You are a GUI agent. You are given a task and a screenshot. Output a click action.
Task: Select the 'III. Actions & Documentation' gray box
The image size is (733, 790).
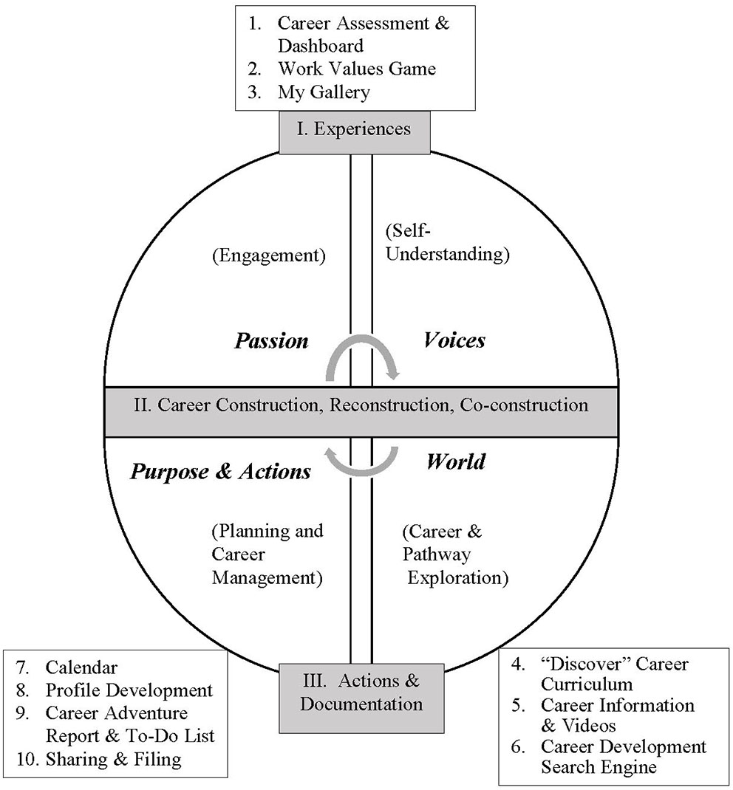pos(361,691)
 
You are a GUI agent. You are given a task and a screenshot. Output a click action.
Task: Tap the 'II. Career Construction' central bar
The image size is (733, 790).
pos(361,405)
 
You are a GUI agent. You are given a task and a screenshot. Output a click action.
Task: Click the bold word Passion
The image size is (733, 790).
pos(271,340)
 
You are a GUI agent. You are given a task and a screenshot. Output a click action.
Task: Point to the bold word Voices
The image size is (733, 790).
pos(454,340)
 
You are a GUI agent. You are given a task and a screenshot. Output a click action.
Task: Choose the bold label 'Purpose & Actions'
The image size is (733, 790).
pos(220,472)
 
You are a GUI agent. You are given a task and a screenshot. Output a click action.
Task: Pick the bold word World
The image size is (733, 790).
pos(455,461)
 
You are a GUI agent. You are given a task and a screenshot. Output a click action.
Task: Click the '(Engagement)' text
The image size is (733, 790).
pos(268,255)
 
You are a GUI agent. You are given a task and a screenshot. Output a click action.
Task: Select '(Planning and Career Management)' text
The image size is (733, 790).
pos(267,554)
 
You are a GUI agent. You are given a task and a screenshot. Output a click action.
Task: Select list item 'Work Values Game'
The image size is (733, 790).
pos(356,69)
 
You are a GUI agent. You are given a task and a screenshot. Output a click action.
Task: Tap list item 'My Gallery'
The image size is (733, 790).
pos(323,92)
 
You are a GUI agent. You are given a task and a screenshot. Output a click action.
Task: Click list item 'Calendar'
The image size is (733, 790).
pos(81,667)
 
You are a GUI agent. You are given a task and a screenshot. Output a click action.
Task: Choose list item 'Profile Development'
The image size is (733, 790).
pos(129,690)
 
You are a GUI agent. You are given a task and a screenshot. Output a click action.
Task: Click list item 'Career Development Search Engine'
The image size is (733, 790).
pos(623,757)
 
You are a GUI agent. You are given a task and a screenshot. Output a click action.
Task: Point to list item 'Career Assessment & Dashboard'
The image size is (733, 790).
pos(363,34)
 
